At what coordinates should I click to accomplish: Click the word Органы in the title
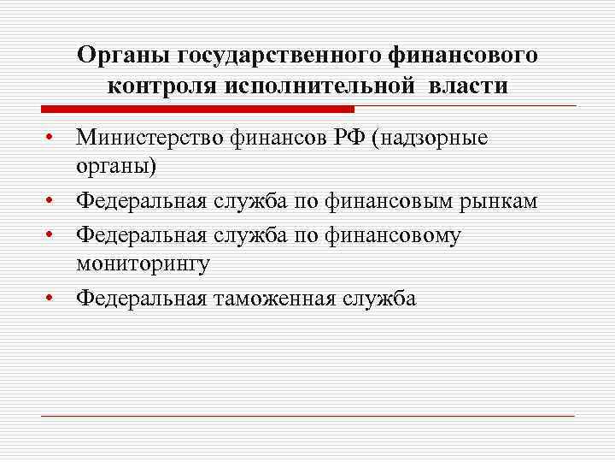(124, 56)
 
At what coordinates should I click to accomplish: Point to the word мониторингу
(143, 264)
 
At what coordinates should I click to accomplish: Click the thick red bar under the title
(197, 109)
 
